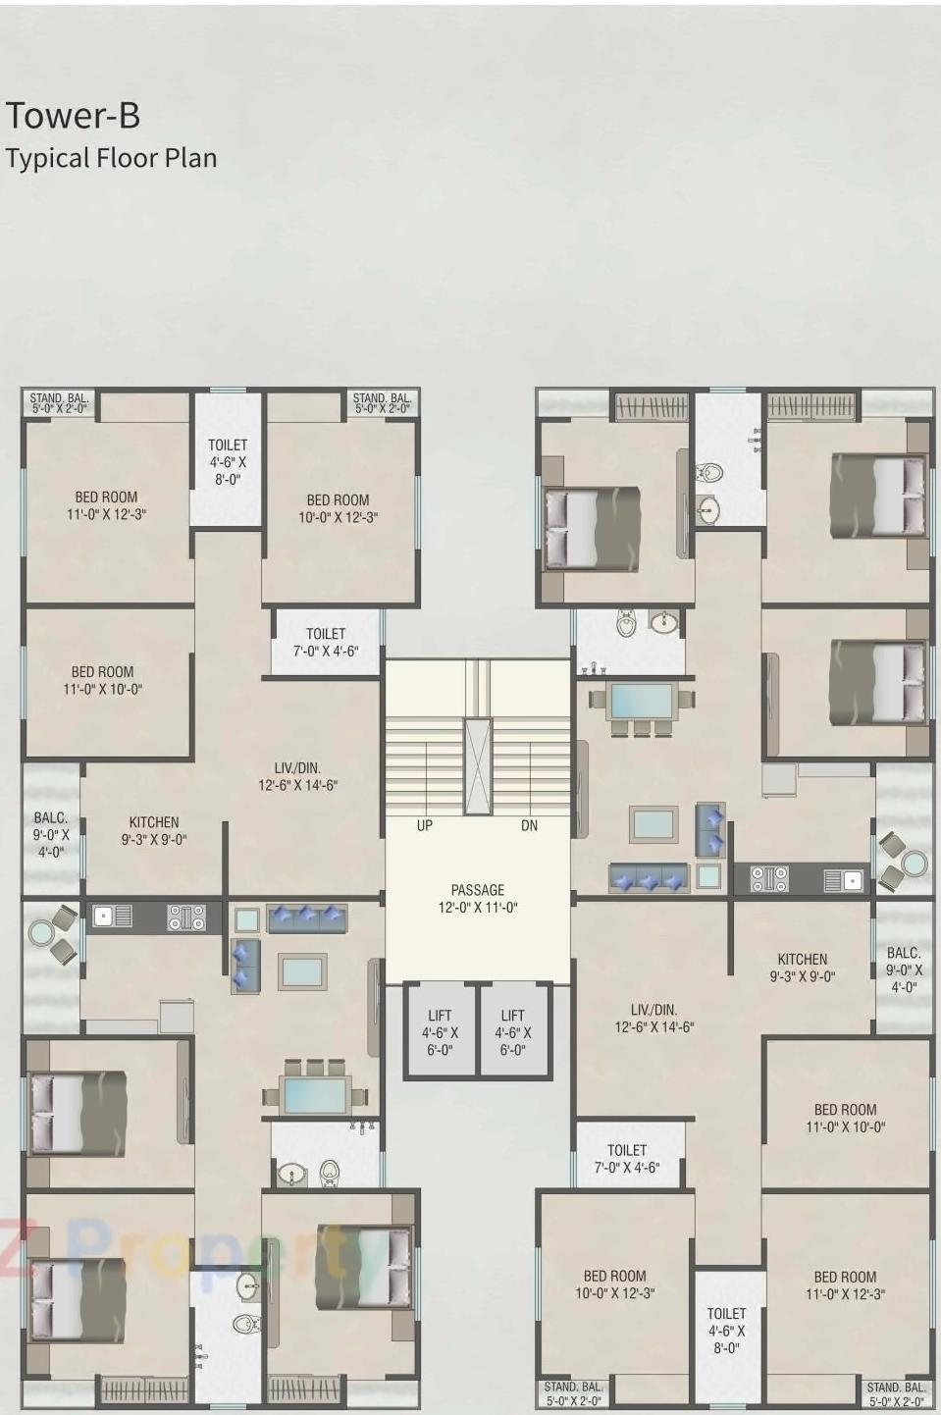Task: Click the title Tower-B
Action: [74, 116]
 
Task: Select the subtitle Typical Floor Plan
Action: [111, 158]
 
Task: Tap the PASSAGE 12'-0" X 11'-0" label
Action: [478, 899]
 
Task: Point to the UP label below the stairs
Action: [425, 826]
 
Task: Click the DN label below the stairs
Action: [529, 826]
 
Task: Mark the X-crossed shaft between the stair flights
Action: [478, 766]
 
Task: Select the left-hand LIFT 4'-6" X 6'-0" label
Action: [440, 1032]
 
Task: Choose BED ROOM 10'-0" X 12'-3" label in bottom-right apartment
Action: [614, 1284]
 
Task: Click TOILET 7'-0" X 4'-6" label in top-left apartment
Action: [325, 642]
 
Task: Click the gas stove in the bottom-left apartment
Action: [185, 917]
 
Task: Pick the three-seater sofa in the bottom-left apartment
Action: [307, 917]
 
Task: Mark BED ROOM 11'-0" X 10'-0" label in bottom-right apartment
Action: [845, 1118]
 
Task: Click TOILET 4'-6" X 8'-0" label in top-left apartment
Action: [228, 462]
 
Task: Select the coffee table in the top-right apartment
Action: [653, 823]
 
